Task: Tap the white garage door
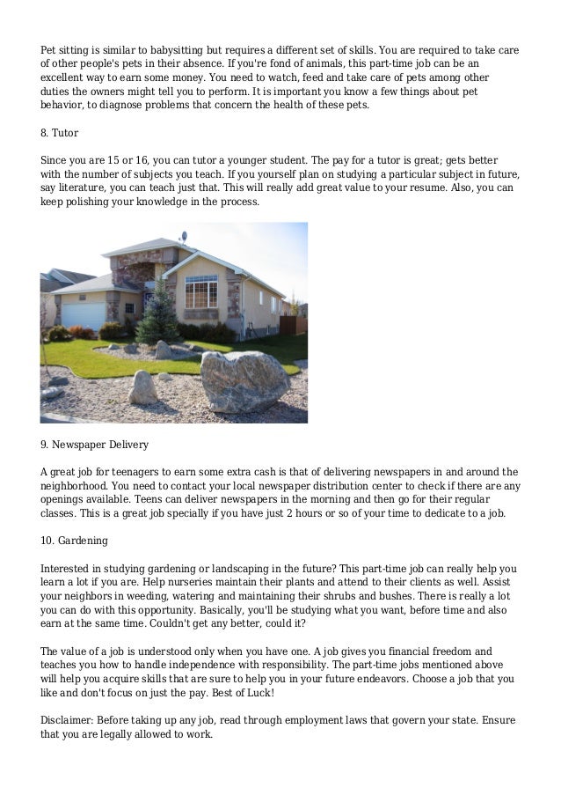pyautogui.click(x=83, y=315)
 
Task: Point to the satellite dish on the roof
pyautogui.click(x=183, y=237)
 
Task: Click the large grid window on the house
pyautogui.click(x=200, y=291)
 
